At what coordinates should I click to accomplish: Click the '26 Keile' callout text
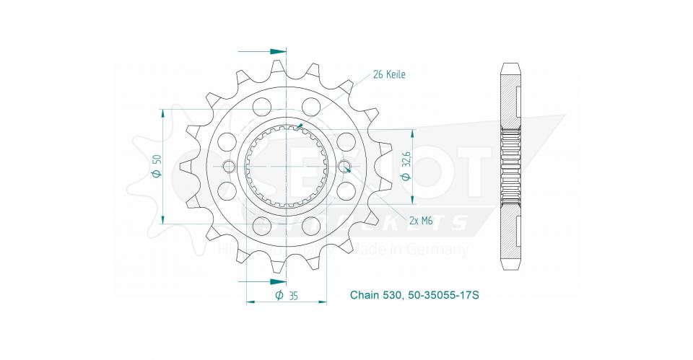pyautogui.click(x=389, y=74)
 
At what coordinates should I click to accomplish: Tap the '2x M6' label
pyautogui.click(x=420, y=221)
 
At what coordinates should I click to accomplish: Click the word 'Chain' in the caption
pyautogui.click(x=365, y=295)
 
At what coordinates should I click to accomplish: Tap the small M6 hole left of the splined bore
pyautogui.click(x=230, y=167)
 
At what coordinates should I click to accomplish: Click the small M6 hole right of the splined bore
pyautogui.click(x=345, y=167)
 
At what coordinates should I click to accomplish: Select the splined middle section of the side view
pyautogui.click(x=510, y=167)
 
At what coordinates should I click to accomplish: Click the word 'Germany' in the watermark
pyautogui.click(x=444, y=250)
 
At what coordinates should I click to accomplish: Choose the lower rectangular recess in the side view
pyautogui.click(x=519, y=233)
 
